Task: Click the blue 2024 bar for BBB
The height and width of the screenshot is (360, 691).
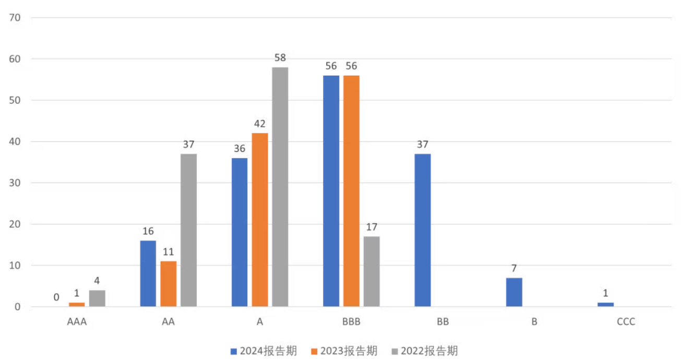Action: tap(331, 191)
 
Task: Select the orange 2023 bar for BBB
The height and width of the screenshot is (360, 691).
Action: tap(351, 191)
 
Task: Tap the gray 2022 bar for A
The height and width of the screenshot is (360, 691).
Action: tap(280, 187)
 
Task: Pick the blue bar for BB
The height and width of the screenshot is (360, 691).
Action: tap(423, 230)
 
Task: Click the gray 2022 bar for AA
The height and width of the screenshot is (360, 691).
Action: tap(188, 230)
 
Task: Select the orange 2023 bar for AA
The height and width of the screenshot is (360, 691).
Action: tap(168, 284)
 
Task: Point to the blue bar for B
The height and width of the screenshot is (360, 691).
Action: tap(514, 292)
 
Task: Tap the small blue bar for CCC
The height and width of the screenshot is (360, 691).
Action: tap(605, 304)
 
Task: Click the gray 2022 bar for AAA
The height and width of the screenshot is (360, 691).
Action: tap(97, 298)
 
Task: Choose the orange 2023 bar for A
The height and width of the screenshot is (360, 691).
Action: tap(260, 220)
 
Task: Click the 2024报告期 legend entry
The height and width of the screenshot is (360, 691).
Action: tap(264, 351)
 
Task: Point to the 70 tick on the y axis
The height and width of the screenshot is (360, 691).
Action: tap(15, 18)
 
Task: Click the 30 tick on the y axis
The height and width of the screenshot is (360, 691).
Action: tap(15, 183)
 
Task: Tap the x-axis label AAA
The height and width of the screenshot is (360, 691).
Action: tap(77, 322)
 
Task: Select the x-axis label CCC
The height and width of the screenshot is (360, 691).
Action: tap(626, 322)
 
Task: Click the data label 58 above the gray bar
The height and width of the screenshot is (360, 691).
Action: tap(280, 58)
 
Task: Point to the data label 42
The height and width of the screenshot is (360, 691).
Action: tap(259, 124)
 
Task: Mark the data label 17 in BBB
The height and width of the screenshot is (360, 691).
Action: tap(372, 227)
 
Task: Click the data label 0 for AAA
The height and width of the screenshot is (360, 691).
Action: tap(56, 297)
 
